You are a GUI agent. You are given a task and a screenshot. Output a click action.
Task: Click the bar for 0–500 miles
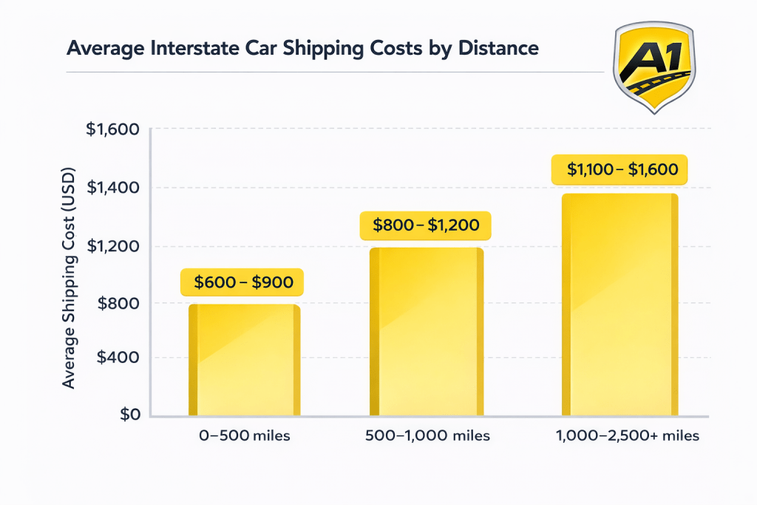[244, 360]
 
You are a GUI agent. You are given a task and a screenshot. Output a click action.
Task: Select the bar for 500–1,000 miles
[427, 332]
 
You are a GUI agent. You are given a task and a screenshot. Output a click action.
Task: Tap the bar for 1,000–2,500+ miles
[619, 305]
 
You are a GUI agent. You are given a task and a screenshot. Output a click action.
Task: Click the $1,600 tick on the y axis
[112, 129]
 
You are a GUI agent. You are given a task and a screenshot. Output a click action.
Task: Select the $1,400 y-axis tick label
[112, 188]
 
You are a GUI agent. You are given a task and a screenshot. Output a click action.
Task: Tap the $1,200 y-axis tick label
[112, 246]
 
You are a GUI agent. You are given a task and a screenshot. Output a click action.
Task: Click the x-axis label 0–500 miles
[244, 436]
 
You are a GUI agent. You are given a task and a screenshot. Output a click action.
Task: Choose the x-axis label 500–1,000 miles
[427, 436]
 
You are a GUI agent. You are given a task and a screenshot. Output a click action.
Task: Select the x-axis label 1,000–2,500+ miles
[627, 436]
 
